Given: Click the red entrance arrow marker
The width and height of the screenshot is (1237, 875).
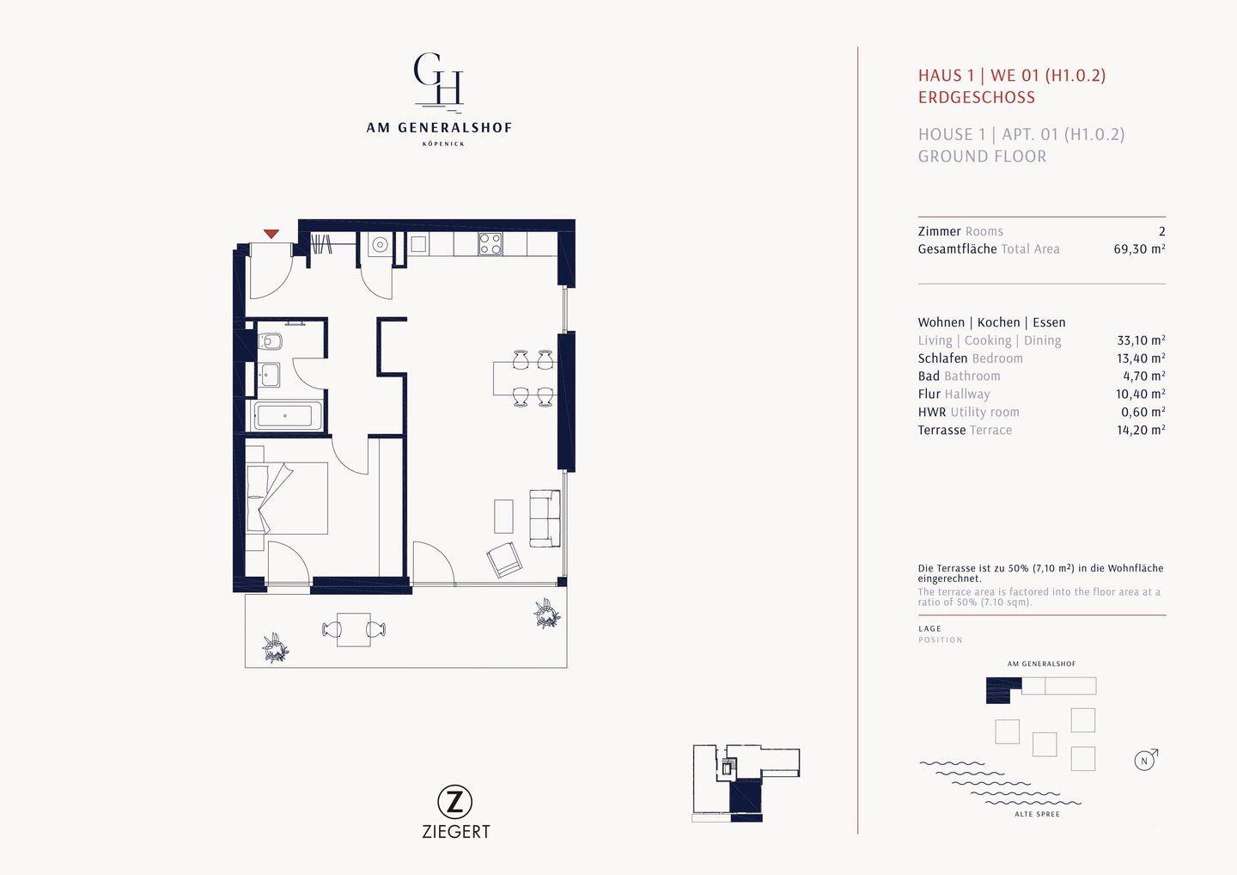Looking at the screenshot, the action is point(271,234).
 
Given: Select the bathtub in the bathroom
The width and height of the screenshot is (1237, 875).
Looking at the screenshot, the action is point(287,415).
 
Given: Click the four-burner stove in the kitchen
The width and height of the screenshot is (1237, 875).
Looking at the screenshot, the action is point(491,243).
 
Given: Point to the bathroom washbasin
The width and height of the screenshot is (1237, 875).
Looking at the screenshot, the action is point(269,376).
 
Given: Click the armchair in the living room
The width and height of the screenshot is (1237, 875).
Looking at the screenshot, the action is point(504,560).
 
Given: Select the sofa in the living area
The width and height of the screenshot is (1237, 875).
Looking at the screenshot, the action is point(545,518).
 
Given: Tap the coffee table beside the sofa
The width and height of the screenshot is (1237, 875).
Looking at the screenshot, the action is point(503,517).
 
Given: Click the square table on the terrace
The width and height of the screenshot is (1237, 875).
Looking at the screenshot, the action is point(354,629).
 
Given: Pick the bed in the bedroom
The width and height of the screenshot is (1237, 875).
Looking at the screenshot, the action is point(287,499).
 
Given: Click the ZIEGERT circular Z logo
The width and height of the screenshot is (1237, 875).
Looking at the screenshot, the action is point(454,802).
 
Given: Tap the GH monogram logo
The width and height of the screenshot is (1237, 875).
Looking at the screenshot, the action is point(438,80).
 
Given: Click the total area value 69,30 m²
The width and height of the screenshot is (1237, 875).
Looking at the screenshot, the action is point(1139,248).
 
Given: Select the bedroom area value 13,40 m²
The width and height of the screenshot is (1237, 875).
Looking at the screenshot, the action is point(1141,358).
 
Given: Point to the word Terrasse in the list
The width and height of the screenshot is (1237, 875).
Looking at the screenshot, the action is point(941,430).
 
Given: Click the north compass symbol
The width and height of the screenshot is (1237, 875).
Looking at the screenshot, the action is point(1145,760).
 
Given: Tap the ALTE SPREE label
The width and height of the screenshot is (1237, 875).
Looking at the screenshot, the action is point(1037,814).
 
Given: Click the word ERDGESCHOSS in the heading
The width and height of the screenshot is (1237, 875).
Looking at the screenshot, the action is point(977,97).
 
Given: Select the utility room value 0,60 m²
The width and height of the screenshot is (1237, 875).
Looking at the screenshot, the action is point(1143,412).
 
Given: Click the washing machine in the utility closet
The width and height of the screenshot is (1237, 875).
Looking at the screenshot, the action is point(379,244).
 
